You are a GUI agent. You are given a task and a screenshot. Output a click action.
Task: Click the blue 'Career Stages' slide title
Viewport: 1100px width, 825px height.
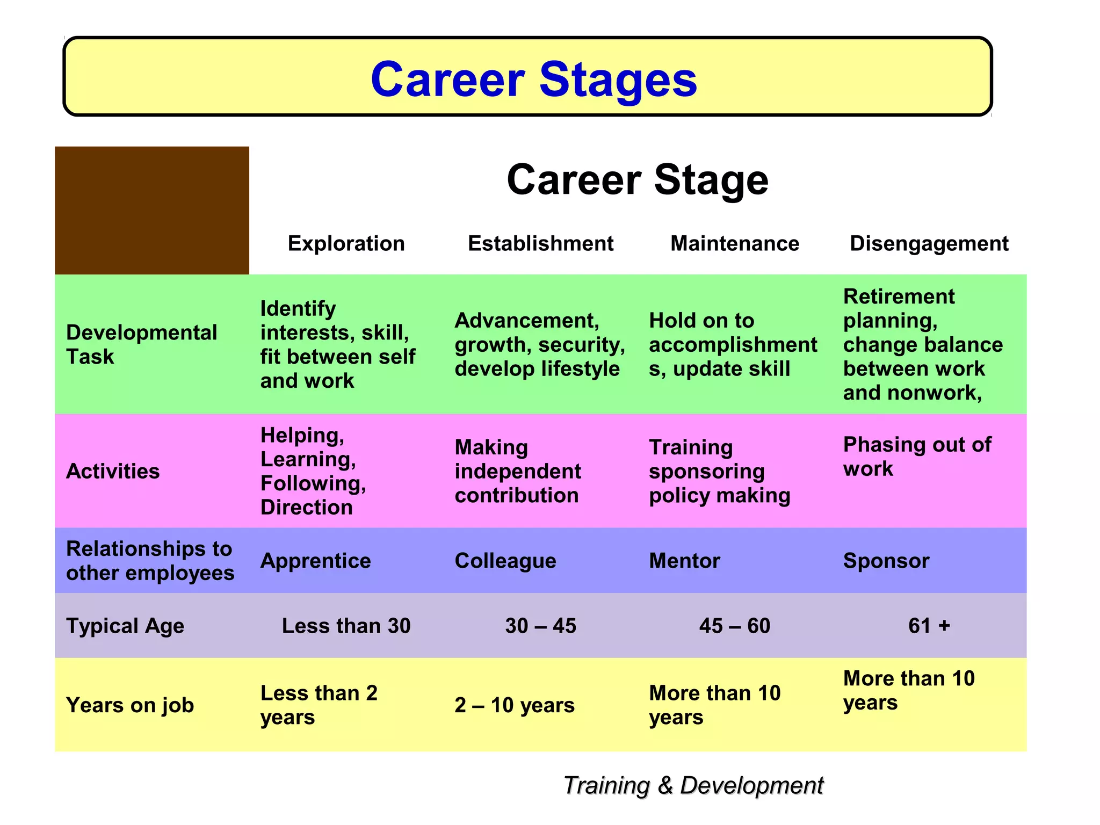click(533, 79)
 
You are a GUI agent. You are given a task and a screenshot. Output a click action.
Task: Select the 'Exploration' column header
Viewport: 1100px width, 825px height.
click(346, 243)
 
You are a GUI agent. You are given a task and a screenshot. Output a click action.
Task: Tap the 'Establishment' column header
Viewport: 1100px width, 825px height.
click(540, 243)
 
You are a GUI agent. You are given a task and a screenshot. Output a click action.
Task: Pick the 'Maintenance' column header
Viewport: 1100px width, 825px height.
click(735, 243)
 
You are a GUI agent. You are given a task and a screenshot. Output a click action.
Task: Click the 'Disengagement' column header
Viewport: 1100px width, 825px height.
click(929, 243)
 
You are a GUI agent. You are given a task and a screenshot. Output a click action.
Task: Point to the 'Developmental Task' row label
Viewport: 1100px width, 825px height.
click(141, 344)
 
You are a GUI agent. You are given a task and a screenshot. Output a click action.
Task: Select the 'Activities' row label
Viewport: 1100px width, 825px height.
click(113, 471)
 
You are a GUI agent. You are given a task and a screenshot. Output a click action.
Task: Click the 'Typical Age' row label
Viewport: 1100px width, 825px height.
click(125, 626)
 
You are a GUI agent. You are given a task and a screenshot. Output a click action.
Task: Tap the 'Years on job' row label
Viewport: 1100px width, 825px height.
click(130, 705)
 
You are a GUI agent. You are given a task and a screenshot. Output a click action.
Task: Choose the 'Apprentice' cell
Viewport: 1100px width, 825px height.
click(315, 561)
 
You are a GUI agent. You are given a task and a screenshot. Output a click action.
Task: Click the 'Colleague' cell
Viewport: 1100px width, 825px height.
click(505, 561)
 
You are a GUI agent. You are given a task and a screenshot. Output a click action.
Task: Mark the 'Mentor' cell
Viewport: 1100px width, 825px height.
click(684, 561)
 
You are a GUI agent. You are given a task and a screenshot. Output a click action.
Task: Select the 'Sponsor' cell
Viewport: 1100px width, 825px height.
click(886, 561)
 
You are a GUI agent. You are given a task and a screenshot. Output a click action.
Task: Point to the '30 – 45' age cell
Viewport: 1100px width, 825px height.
click(540, 626)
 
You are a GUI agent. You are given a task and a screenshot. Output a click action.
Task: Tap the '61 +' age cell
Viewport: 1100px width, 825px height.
click(929, 626)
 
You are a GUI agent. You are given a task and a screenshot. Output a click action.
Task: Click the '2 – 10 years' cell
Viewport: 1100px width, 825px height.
click(514, 705)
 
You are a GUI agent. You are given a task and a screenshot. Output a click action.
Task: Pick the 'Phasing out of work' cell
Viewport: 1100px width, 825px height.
click(917, 457)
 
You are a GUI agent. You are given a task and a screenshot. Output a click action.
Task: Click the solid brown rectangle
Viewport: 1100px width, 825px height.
click(152, 210)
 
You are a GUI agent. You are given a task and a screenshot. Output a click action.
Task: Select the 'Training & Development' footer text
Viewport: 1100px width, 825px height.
click(693, 785)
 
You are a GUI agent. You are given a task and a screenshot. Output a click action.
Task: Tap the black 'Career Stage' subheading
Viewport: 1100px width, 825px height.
click(637, 180)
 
